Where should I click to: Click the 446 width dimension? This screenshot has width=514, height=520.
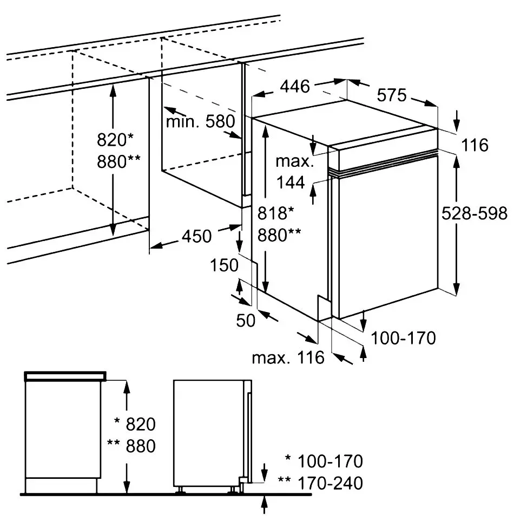point(295,87)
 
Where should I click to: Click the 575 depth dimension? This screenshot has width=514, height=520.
point(391,96)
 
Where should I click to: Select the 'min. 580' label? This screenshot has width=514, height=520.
point(200,121)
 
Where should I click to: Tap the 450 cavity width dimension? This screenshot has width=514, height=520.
point(196,236)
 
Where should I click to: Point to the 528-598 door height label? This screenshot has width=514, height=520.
point(475,213)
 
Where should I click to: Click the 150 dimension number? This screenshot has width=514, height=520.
point(225,265)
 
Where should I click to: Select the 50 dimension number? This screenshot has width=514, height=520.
point(246,320)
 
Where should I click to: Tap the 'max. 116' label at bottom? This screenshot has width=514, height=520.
point(288,357)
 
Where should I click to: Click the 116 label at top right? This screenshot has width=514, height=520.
point(476,145)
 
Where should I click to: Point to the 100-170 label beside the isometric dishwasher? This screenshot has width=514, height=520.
point(403,339)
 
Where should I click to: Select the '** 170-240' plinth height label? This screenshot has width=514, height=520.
point(319,483)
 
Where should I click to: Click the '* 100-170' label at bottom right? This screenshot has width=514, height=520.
point(324,461)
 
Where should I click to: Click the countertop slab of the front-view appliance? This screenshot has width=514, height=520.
point(65,375)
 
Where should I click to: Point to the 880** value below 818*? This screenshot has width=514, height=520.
point(279,234)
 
